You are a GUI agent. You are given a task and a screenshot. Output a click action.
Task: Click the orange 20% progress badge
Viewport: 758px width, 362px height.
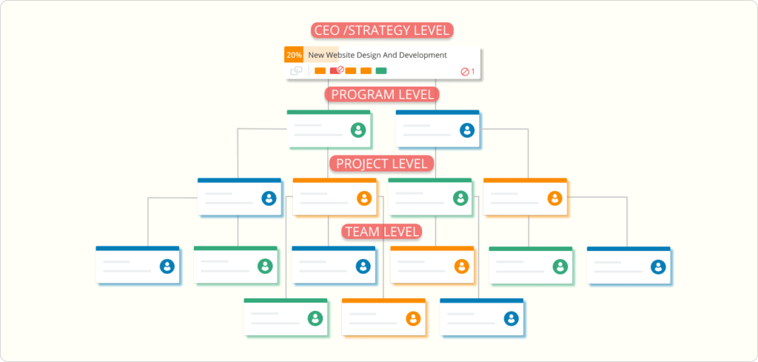[294, 55]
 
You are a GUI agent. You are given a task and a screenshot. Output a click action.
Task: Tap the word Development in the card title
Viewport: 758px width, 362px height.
[423, 55]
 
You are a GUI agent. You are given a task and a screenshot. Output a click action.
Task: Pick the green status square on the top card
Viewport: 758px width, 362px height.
[381, 70]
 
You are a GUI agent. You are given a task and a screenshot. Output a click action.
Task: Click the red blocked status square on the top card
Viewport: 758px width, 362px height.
[335, 70]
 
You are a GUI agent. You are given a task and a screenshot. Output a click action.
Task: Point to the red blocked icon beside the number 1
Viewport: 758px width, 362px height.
[465, 72]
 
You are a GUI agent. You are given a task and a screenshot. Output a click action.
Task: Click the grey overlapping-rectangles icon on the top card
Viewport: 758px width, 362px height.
[296, 71]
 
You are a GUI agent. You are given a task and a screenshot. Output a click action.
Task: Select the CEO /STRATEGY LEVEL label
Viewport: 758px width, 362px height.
[382, 30]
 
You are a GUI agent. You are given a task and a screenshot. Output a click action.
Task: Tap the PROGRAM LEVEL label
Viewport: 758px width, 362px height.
[383, 94]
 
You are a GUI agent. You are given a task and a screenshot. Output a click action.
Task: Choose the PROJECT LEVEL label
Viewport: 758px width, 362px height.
[382, 164]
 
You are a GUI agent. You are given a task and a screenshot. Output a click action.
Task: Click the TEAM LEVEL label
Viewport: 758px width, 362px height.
[382, 232]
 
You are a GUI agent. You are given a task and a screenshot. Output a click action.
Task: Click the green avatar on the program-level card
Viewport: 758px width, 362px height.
[358, 130]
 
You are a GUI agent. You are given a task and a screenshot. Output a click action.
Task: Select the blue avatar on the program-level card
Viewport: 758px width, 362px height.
[467, 130]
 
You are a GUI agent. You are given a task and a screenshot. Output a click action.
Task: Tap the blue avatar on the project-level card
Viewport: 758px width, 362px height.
[269, 198]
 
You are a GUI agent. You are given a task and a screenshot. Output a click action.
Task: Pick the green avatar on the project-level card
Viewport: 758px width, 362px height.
[460, 198]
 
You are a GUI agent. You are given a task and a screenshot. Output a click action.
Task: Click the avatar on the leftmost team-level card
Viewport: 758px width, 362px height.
[167, 267]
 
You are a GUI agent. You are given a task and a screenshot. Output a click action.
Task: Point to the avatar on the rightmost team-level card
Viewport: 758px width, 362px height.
[658, 267]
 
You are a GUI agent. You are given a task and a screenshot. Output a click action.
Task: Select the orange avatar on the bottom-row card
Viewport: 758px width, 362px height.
[413, 318]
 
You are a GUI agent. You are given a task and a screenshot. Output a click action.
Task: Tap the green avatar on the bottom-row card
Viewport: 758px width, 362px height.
[315, 318]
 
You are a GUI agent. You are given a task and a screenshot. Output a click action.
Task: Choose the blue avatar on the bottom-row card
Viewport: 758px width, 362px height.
[512, 318]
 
